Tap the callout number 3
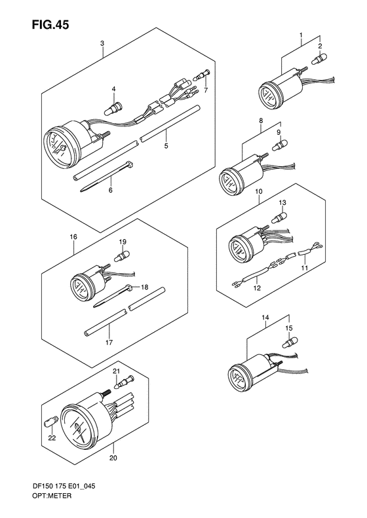tap(102, 43)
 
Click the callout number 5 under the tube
tap(166, 147)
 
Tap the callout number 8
tap(261, 120)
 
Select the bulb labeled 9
tap(281, 143)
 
